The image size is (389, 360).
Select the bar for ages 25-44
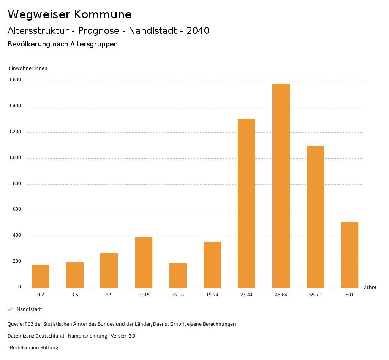[x=247, y=203]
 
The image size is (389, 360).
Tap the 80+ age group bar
[x=349, y=255]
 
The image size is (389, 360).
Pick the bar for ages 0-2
[x=41, y=276]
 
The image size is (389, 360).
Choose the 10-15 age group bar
[x=144, y=263]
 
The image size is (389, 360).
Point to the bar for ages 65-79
[x=315, y=217]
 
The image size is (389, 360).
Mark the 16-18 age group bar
[x=178, y=276]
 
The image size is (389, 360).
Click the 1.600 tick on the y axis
[x=15, y=80]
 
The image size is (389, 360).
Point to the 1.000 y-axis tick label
[x=15, y=158]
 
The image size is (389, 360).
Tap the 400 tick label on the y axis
[x=17, y=236]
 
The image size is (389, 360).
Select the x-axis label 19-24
[x=212, y=295]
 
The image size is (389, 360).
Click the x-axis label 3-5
[x=75, y=295]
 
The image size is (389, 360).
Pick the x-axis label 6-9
[x=109, y=295]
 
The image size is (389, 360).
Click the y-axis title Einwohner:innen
[x=28, y=68]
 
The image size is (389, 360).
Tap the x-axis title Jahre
[x=370, y=287]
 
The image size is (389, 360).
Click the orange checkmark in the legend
[x=10, y=309]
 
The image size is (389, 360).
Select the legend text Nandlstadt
[x=29, y=309]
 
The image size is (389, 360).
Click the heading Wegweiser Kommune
[x=70, y=14]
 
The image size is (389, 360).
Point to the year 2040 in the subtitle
[x=198, y=31]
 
